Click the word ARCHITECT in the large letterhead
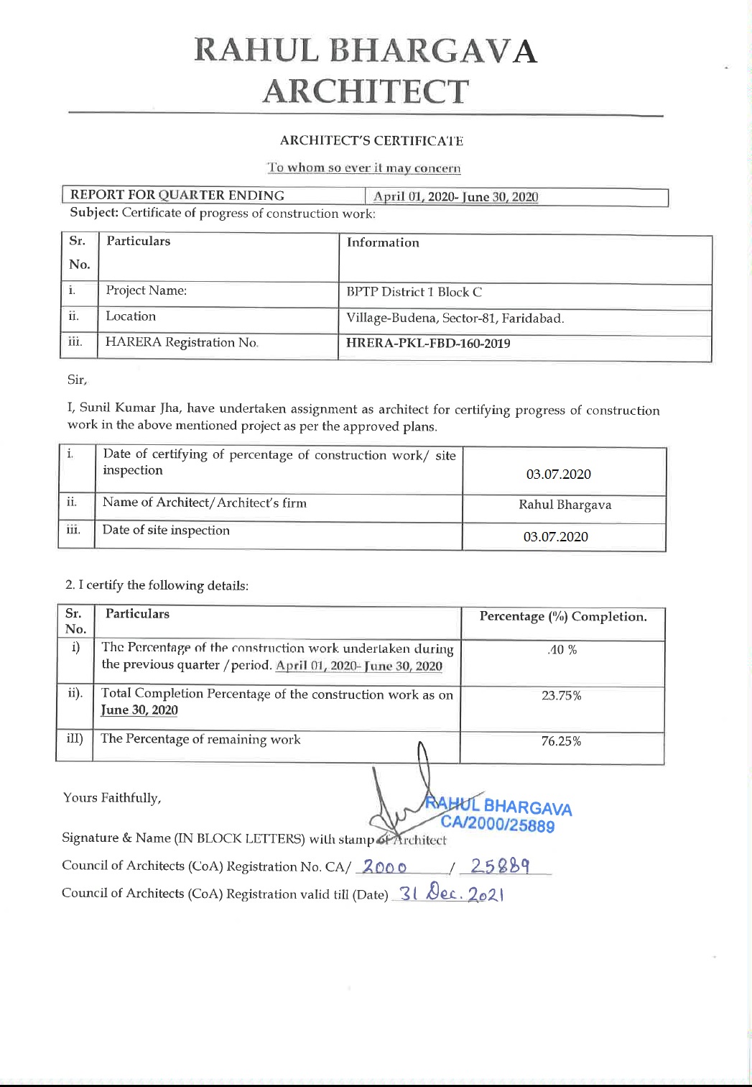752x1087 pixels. coord(365,92)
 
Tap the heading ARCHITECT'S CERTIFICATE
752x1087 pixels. coord(371,141)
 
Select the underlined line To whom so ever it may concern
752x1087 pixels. coord(364,168)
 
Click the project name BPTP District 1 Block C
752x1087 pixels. coord(414,292)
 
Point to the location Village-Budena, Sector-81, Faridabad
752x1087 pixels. coord(455,318)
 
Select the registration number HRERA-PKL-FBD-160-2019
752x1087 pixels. coord(428,344)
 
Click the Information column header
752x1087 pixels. coord(383,243)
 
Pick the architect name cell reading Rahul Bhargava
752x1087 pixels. coord(565,505)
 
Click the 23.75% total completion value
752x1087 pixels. coord(561,696)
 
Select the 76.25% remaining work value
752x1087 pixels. coord(561,741)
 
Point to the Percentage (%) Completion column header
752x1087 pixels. coord(562,617)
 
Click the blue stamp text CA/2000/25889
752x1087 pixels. coord(498,824)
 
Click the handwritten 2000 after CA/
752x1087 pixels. coord(384,867)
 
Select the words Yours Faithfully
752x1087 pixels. coord(112,798)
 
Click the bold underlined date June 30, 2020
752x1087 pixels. coord(139,710)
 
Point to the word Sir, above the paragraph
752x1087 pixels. coord(77,380)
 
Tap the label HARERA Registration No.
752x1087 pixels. coord(182,343)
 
